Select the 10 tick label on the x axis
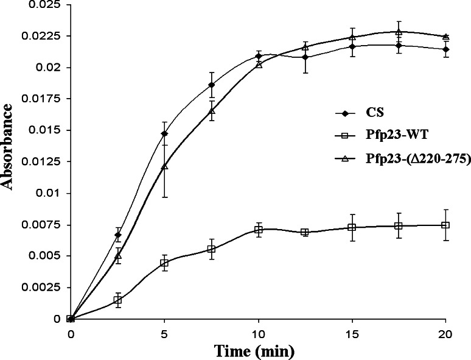click(x=258, y=333)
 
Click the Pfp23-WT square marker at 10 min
click(x=259, y=230)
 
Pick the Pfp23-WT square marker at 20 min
click(x=445, y=225)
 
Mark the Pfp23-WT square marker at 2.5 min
click(x=118, y=300)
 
